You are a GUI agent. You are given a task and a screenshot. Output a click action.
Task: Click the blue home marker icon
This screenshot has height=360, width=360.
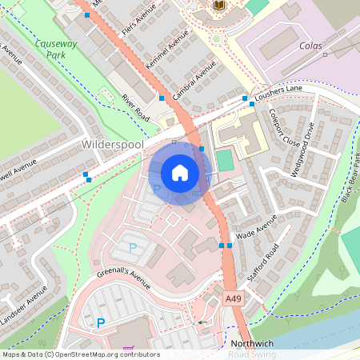180,172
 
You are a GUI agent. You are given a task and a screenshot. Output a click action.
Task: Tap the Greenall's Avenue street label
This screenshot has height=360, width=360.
124,278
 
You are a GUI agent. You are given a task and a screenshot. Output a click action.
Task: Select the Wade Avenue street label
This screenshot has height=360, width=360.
257,226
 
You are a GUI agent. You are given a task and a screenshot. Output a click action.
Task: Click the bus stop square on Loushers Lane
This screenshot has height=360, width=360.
245,98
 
